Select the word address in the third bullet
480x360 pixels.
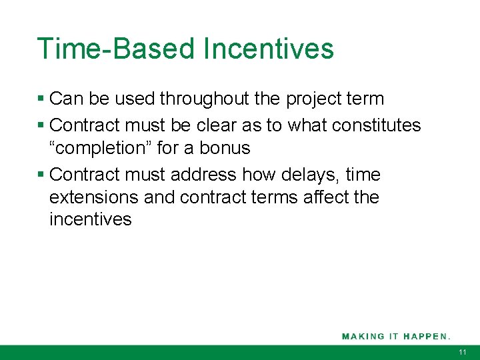point(203,175)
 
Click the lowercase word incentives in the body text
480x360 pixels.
point(91,219)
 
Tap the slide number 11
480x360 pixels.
point(463,352)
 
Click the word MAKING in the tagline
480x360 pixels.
point(363,336)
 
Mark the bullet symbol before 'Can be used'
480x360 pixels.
point(41,99)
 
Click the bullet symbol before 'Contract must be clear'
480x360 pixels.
point(41,125)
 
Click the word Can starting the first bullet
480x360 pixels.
point(65,99)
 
